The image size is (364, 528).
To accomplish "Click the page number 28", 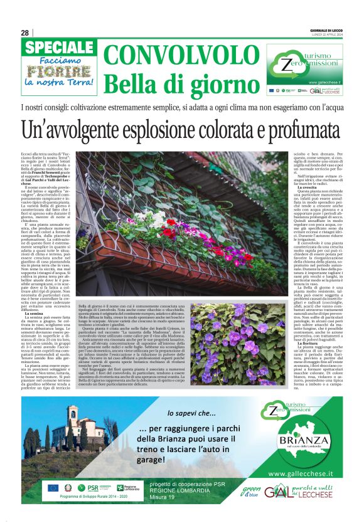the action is [x=24, y=33].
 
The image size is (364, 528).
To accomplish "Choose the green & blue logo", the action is [x=250, y=492].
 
